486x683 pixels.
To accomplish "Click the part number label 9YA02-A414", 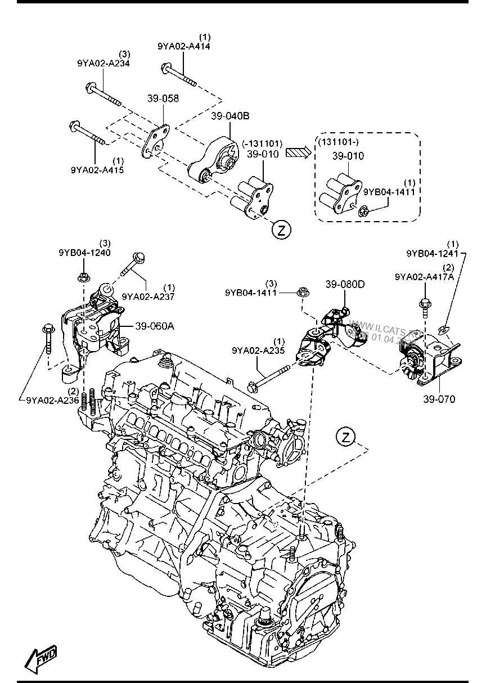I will pyautogui.click(x=184, y=47).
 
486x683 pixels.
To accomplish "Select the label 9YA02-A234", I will pyautogui.click(x=103, y=64).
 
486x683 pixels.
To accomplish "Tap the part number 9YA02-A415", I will pyautogui.click(x=97, y=169).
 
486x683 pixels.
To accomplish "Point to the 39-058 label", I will pyautogui.click(x=163, y=98).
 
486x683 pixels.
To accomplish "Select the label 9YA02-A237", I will pyautogui.click(x=148, y=296).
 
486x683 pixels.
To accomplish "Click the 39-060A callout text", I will pyautogui.click(x=155, y=325).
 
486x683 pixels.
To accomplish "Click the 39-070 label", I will pyautogui.click(x=440, y=399).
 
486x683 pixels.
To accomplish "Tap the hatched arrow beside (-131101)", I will pyautogui.click(x=298, y=152).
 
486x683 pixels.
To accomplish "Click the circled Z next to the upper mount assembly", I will pyautogui.click(x=281, y=229).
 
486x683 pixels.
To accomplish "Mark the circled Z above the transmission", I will pyautogui.click(x=346, y=436).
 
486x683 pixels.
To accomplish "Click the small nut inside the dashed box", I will pyautogui.click(x=363, y=212).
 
